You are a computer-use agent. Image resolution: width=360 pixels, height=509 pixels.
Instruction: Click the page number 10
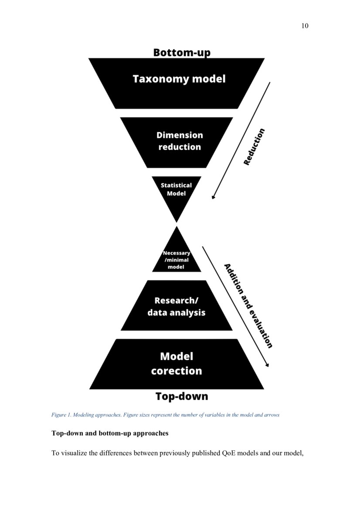pos(305,26)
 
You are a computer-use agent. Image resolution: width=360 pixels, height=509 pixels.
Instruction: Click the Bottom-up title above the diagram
pos(182,53)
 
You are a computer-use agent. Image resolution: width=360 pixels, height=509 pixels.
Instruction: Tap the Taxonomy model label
pos(179,79)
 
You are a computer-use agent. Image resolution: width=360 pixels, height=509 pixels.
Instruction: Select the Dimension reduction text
pos(180,141)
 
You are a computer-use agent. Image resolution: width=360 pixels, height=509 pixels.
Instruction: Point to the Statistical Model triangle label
pos(176,189)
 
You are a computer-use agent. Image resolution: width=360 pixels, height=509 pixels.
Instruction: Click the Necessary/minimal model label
pos(176,260)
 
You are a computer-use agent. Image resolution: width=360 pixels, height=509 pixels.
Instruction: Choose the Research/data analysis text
pos(176,307)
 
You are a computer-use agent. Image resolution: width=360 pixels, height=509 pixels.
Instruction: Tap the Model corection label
pos(177,364)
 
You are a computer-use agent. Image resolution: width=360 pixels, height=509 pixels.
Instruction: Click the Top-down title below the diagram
pos(182,396)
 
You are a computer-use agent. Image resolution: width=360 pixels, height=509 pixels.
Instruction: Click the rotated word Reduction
pos(254,146)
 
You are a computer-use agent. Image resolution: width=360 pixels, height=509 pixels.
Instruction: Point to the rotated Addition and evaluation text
pos(248,306)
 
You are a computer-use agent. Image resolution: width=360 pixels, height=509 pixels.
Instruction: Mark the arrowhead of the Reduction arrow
pos(213,197)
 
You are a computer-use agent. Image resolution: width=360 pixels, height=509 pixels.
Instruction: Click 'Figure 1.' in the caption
pos(61,415)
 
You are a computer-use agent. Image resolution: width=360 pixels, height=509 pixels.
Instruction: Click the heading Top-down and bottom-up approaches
pos(110,434)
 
